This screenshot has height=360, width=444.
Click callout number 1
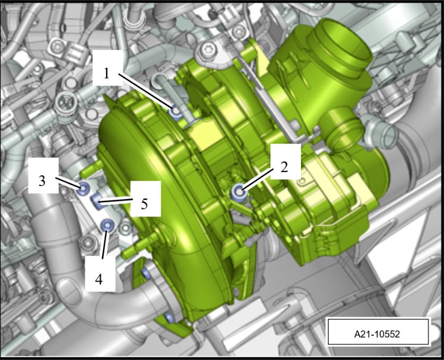pos(106,74)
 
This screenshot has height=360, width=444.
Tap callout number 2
pos(285,167)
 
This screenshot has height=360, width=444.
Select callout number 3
pos(42,181)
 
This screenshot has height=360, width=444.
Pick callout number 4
pos(99,280)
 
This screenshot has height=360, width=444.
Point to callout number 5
pos(145,204)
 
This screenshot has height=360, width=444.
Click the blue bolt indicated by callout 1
pos(176,112)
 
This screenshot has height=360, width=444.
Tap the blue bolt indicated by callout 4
pos(108,226)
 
